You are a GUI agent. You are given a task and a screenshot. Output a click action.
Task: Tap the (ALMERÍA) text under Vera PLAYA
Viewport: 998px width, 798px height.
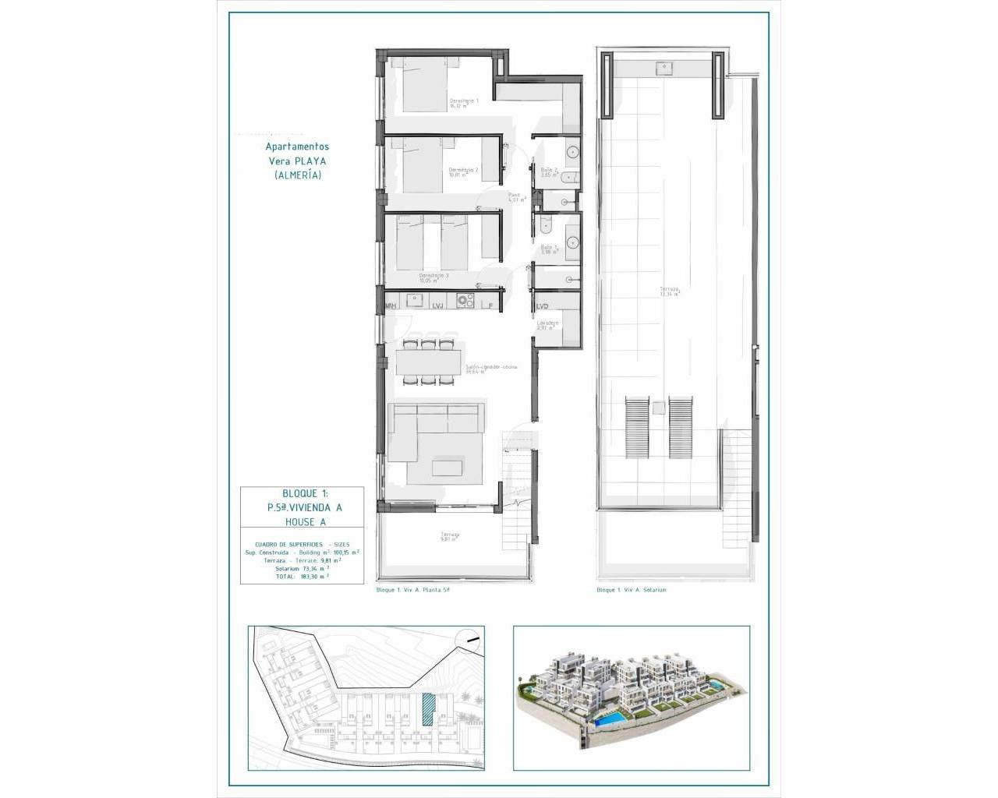[x=297, y=175]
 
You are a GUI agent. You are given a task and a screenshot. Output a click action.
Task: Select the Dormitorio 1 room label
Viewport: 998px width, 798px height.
[x=464, y=101]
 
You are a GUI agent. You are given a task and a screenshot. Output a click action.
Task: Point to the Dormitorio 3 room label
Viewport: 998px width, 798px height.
[x=434, y=276]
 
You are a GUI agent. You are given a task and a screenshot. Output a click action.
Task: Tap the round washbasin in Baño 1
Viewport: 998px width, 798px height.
[x=572, y=242]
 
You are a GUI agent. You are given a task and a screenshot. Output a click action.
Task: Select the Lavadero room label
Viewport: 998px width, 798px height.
[x=547, y=323]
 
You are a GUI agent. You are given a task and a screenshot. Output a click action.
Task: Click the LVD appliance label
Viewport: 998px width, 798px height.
[x=543, y=306]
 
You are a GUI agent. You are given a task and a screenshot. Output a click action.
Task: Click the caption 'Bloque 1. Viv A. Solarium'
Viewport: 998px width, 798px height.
[x=632, y=590]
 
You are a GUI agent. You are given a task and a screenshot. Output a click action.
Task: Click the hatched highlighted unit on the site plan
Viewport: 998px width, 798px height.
[x=427, y=710]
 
